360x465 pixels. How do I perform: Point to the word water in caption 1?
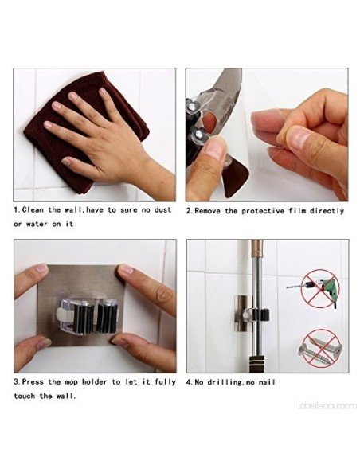[x=42, y=224]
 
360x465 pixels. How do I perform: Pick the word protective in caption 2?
[x=275, y=211]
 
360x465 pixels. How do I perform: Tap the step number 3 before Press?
[x=17, y=382]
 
